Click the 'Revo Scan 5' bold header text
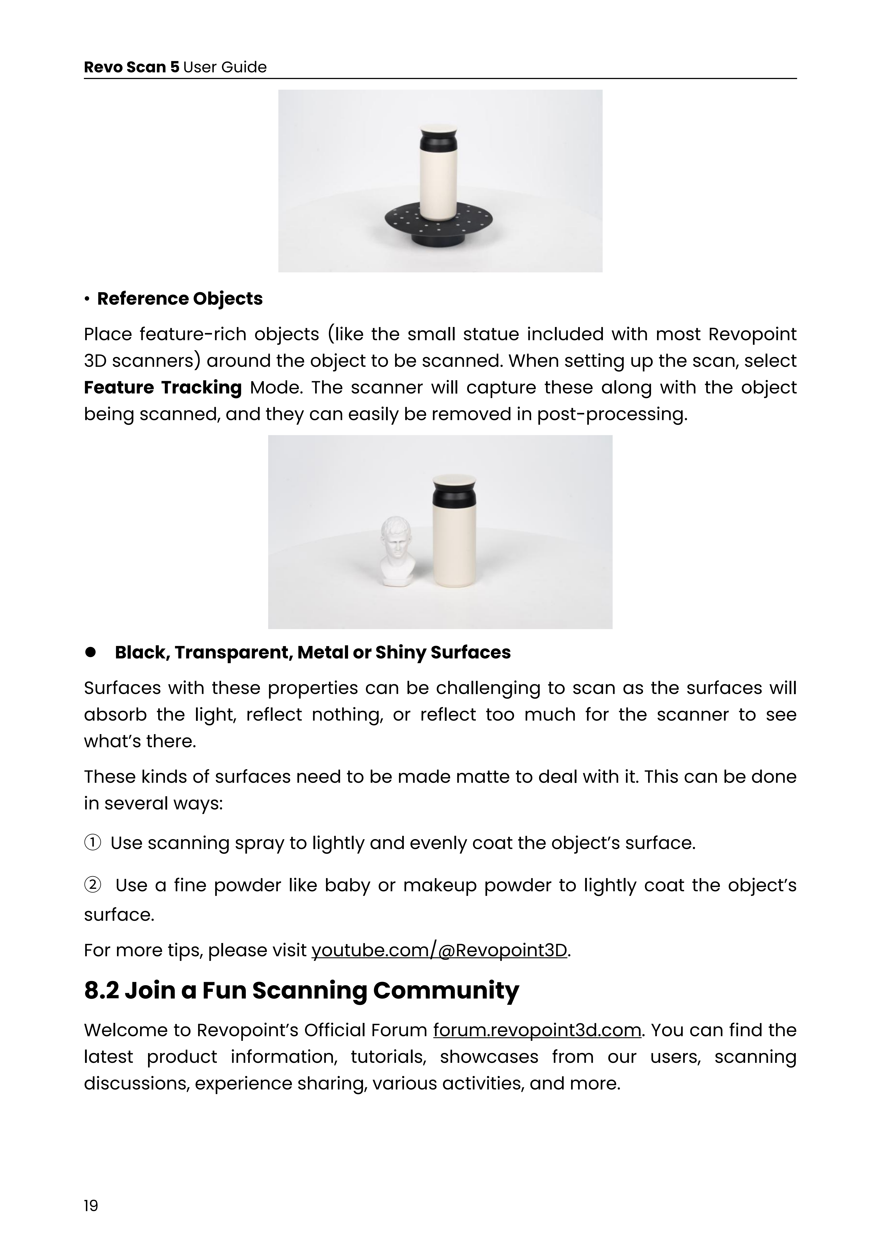tap(131, 67)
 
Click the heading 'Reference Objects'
tap(180, 299)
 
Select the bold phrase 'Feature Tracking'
tap(163, 388)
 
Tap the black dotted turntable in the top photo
tap(440, 222)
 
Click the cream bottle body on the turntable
tap(438, 184)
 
